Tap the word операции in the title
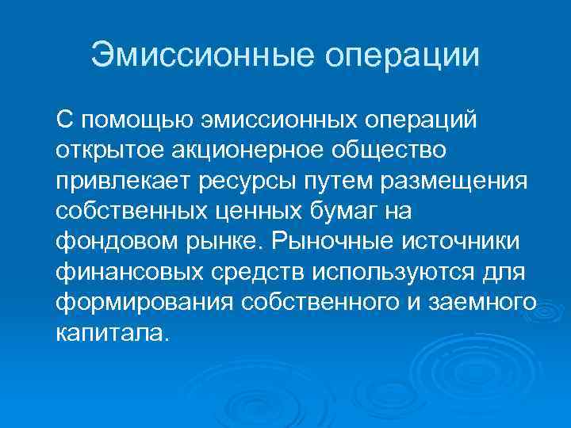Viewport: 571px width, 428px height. click(x=401, y=55)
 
